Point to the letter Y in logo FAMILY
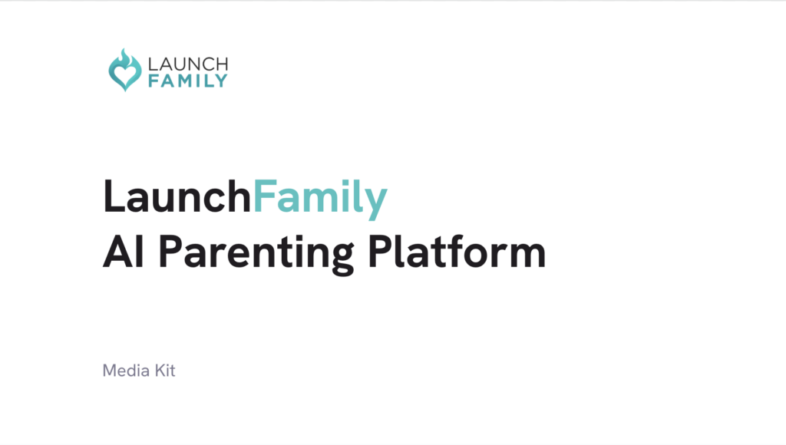(x=221, y=81)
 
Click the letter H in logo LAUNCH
(x=220, y=64)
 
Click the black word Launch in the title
(x=177, y=197)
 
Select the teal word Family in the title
(x=320, y=197)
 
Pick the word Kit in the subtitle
(x=164, y=371)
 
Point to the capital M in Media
(x=109, y=371)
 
